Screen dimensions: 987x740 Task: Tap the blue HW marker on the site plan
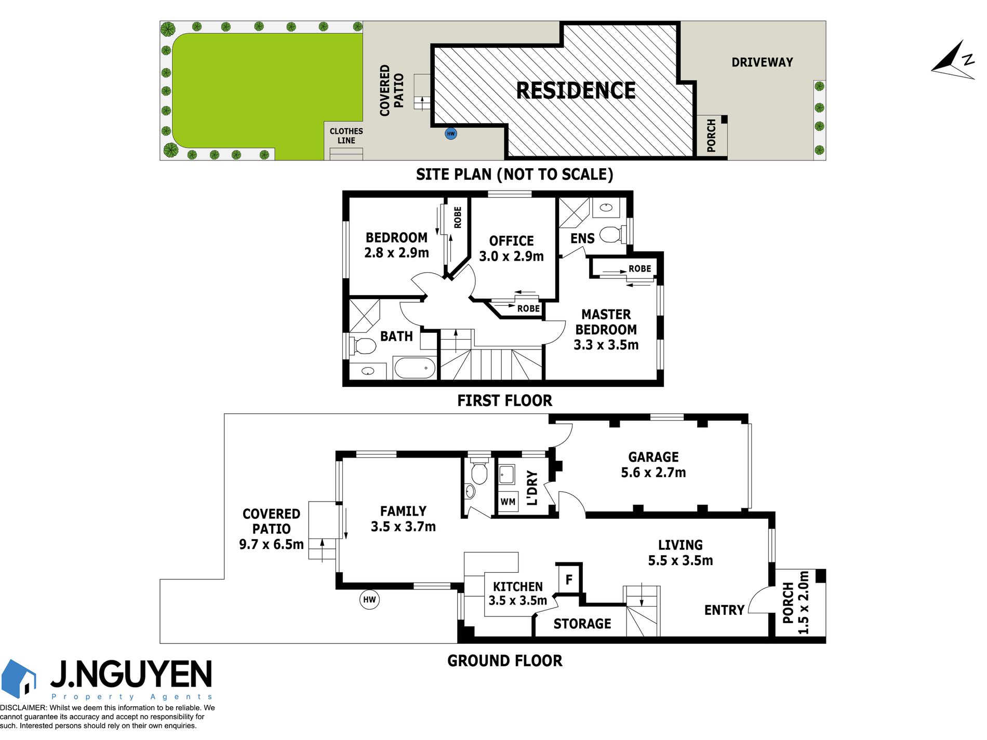coord(451,134)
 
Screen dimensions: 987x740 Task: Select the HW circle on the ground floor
coord(369,600)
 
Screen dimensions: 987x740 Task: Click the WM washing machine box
coord(508,502)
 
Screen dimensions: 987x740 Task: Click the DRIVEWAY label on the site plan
coord(762,63)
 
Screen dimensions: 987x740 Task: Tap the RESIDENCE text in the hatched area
coord(576,91)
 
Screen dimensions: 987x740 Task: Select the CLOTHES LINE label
coord(346,136)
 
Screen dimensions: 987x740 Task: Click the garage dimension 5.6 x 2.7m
coord(653,473)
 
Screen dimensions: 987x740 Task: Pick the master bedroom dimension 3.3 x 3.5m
coord(606,345)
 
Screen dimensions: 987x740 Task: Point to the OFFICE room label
coord(512,241)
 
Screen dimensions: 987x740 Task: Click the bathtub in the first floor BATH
coord(415,368)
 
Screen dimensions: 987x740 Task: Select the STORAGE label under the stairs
coord(582,624)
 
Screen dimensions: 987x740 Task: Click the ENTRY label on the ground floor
coord(725,610)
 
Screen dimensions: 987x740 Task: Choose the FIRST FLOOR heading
coord(505,401)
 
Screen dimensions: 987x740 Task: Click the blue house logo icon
coord(19,678)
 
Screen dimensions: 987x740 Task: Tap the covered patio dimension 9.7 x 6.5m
coord(271,545)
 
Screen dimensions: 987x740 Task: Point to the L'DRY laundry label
coord(532,488)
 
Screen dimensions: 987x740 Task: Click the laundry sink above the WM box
coord(506,475)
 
